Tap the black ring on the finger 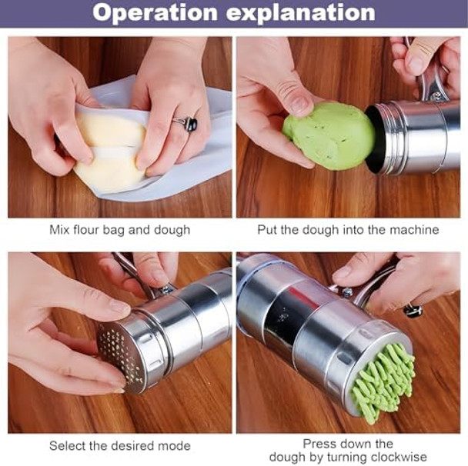point(187,123)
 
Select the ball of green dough point(328,135)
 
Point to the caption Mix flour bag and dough point(119,229)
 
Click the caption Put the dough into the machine point(348,229)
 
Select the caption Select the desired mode point(119,446)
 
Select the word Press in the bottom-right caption point(319,444)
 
